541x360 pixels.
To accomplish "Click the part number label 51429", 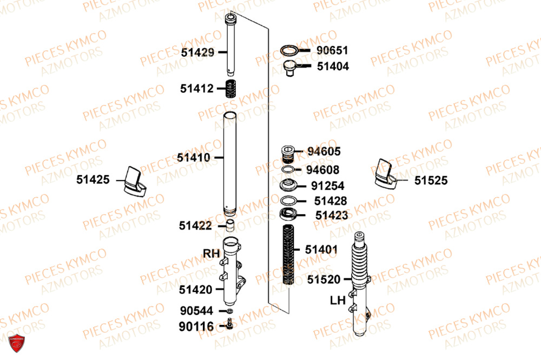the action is [197, 52].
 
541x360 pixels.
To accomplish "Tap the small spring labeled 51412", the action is [231, 89].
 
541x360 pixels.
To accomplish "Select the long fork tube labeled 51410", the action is [229, 164].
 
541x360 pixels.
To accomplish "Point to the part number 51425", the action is [93, 179].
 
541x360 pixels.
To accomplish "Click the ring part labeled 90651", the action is [289, 50].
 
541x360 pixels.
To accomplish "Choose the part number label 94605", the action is [324, 151].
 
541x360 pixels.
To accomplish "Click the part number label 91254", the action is [327, 185].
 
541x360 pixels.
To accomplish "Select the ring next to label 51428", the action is [288, 201].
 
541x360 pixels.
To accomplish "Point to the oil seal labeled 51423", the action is [288, 214].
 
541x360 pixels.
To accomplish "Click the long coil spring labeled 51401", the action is [288, 255].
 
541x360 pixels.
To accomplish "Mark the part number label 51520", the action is [324, 279].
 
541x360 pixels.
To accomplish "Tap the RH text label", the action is [211, 254].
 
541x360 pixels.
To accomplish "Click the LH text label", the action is [338, 301].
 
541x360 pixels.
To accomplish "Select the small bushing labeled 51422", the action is [230, 225].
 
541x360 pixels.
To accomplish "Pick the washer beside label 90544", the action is [229, 311].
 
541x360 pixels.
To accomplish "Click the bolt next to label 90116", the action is [230, 324].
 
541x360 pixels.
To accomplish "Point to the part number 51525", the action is [431, 180].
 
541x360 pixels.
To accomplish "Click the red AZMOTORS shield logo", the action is [16, 343].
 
